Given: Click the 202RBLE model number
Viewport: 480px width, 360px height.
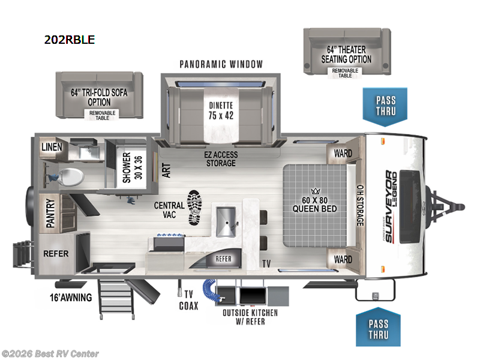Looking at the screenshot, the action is pos(70,40).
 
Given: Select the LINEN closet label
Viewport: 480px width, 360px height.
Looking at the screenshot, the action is pos(52,147).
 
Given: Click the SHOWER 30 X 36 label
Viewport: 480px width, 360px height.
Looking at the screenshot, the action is pos(132,167).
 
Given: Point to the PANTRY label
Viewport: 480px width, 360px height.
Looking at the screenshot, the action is pos(50,213).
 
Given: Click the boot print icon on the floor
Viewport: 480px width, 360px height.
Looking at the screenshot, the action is pos(194,208).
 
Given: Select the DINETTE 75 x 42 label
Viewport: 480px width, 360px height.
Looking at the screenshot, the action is pos(221,111).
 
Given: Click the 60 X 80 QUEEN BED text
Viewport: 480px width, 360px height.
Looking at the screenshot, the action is pos(314,205).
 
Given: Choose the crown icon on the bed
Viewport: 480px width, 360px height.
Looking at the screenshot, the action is pos(316,191).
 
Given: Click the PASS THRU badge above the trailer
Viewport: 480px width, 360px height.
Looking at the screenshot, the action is pos(385,107).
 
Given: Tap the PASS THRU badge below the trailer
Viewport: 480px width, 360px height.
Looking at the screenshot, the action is pos(379,327).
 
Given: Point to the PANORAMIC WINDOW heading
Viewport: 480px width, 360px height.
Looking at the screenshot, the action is pos(221,64).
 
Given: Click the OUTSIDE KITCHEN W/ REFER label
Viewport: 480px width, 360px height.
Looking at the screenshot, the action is pos(250,317).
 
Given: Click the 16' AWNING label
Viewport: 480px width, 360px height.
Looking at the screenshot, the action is pos(71,298).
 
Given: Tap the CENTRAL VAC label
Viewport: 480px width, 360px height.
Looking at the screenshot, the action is pos(169,209).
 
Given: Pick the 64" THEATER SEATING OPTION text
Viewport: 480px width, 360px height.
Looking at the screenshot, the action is pos(346,55).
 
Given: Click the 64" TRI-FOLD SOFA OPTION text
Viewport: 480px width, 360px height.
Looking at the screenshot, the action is pos(99,97).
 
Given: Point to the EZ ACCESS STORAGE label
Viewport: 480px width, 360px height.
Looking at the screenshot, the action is pos(221,159).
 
